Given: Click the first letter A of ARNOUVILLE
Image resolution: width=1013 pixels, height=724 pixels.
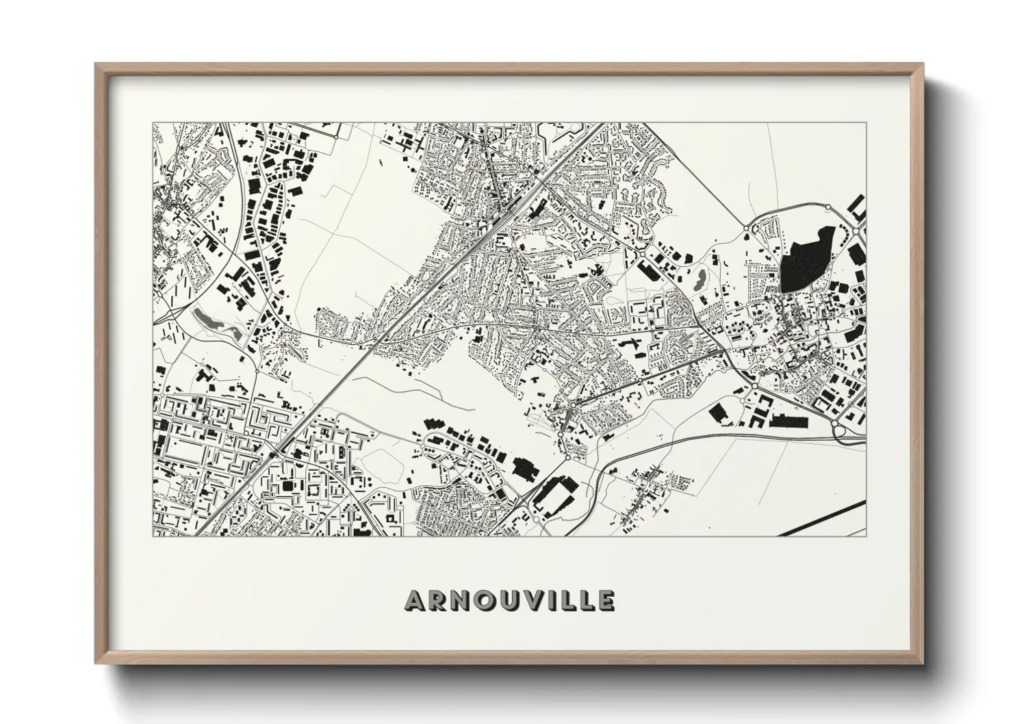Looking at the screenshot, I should tap(417, 601).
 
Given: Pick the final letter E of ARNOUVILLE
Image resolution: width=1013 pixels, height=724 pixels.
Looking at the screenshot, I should tap(606, 601).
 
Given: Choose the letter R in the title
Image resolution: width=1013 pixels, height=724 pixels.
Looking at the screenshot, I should tap(439, 601).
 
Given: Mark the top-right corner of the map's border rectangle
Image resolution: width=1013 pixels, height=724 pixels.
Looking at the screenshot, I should tap(866, 123).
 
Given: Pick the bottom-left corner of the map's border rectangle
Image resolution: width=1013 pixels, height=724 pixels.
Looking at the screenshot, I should tap(153, 536).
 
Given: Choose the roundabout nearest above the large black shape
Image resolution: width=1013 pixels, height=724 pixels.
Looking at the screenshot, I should tap(828, 207).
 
